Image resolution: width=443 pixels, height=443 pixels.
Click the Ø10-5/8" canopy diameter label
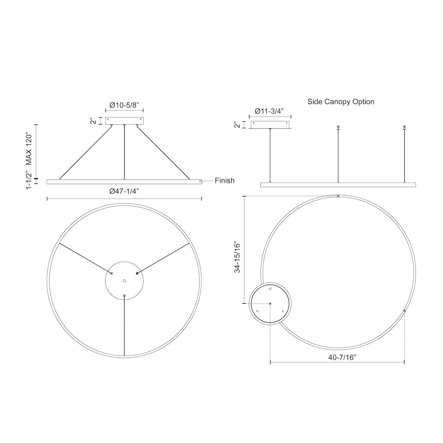pyautogui.click(x=124, y=105)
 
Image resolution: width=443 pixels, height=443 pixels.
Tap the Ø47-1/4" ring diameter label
pyautogui.click(x=124, y=191)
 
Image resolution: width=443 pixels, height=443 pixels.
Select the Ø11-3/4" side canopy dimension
pyautogui.click(x=269, y=111)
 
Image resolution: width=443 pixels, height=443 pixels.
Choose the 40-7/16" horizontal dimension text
pyautogui.click(x=342, y=357)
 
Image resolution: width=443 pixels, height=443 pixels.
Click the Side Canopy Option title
pyautogui.click(x=341, y=102)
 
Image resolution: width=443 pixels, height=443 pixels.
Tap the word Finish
pyautogui.click(x=224, y=180)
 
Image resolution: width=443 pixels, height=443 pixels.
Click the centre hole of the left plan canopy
pyautogui.click(x=124, y=280)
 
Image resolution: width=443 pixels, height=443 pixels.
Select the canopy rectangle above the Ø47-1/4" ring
pyautogui.click(x=124, y=121)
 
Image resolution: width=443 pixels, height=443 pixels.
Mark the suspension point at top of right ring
pyautogui.click(x=338, y=196)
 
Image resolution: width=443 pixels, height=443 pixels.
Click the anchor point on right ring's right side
pyautogui.click(x=404, y=311)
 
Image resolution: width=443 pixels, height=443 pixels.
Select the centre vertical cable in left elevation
pyautogui.click(x=124, y=152)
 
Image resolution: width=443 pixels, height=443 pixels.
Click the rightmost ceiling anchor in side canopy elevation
pyautogui.click(x=405, y=128)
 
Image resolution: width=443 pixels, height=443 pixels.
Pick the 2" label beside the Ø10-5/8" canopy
pyautogui.click(x=94, y=121)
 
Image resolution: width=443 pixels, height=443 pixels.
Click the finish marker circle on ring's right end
pyautogui.click(x=200, y=181)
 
